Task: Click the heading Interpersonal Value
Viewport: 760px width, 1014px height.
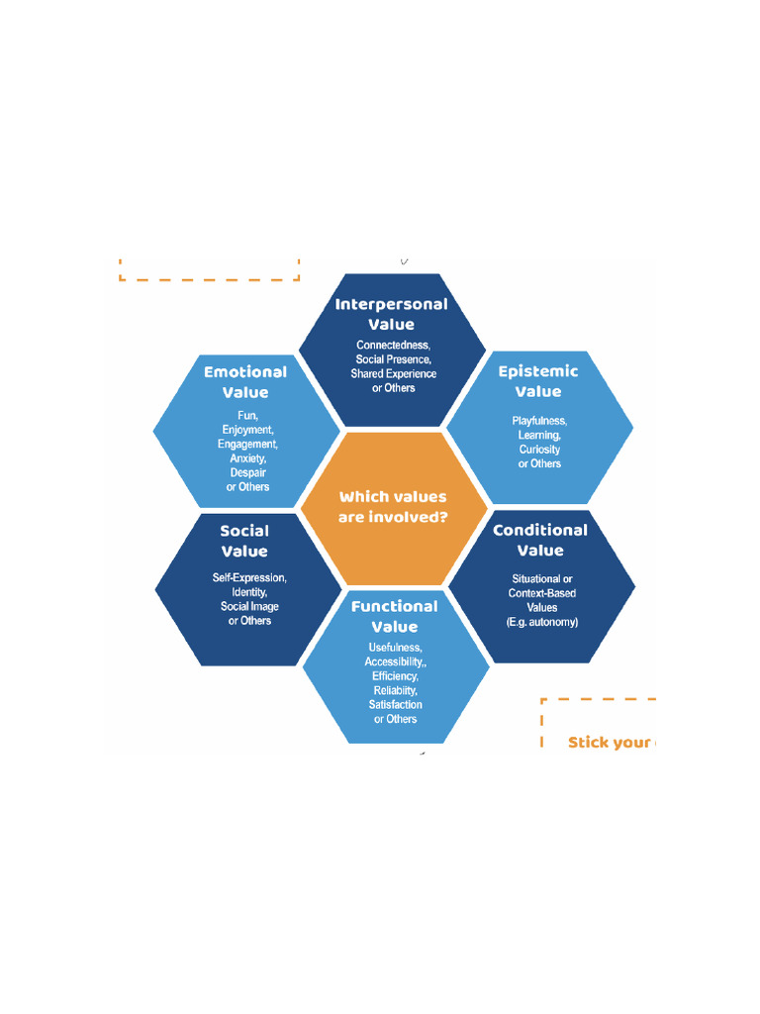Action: (x=391, y=314)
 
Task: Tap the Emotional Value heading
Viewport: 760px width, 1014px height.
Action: (x=245, y=382)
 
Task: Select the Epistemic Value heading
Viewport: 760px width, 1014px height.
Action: (x=538, y=381)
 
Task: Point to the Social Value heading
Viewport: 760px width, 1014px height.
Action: (x=244, y=541)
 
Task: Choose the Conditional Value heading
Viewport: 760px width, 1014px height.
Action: (x=540, y=540)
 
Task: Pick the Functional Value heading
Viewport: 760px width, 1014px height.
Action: (x=394, y=616)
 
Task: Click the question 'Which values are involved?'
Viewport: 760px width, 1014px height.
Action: (x=393, y=507)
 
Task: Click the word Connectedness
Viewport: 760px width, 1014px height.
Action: (x=393, y=345)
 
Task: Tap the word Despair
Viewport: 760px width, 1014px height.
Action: (x=247, y=472)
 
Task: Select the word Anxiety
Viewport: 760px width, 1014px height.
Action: (x=247, y=458)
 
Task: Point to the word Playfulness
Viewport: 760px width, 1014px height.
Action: (x=539, y=421)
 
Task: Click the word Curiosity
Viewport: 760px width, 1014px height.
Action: (x=539, y=450)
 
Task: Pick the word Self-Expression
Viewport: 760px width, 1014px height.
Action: (x=249, y=577)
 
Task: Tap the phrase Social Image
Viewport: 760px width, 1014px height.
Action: (x=249, y=606)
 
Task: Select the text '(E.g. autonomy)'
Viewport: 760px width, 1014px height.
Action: (x=541, y=622)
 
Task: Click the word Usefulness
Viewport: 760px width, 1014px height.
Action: (x=395, y=648)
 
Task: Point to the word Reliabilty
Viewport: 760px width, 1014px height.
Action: (x=395, y=690)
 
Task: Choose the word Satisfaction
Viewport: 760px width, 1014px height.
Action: (x=395, y=705)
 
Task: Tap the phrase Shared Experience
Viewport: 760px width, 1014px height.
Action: (x=393, y=373)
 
